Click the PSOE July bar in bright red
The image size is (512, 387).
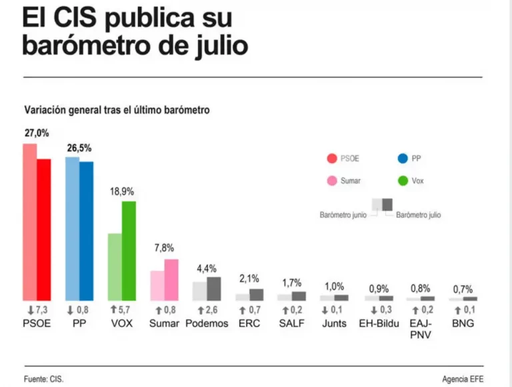point(44,229)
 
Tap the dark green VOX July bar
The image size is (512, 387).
point(129,250)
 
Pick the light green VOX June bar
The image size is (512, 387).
point(115,266)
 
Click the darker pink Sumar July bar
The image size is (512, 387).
point(171,279)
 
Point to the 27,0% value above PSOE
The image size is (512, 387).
point(37,133)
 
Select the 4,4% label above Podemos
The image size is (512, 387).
point(207,268)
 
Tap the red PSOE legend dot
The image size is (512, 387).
point(331,159)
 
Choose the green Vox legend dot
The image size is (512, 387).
point(402,181)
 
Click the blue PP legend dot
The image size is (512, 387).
point(402,159)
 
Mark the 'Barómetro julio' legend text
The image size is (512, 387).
point(418,215)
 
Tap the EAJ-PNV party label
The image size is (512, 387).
point(421,328)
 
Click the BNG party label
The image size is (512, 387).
point(463,324)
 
